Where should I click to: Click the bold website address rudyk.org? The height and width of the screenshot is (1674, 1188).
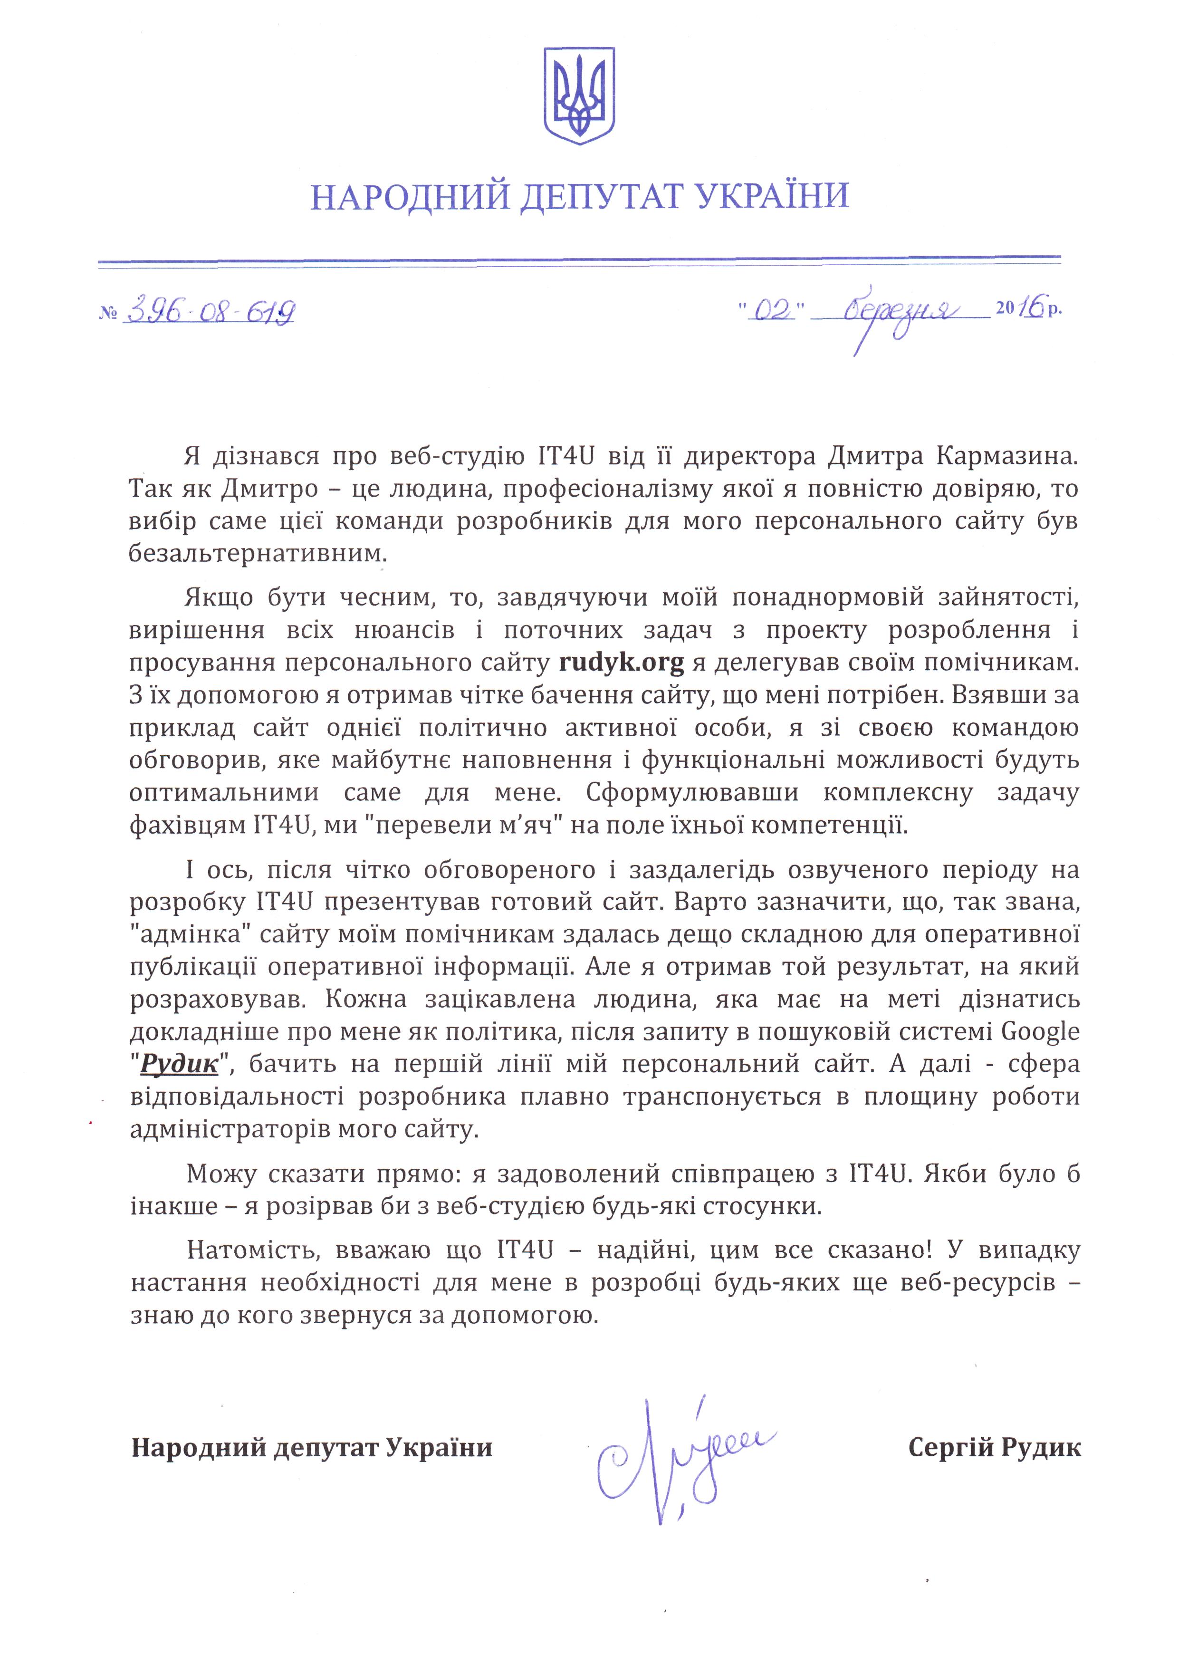[x=622, y=663]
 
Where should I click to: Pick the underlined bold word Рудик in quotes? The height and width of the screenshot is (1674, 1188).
[x=179, y=1063]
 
